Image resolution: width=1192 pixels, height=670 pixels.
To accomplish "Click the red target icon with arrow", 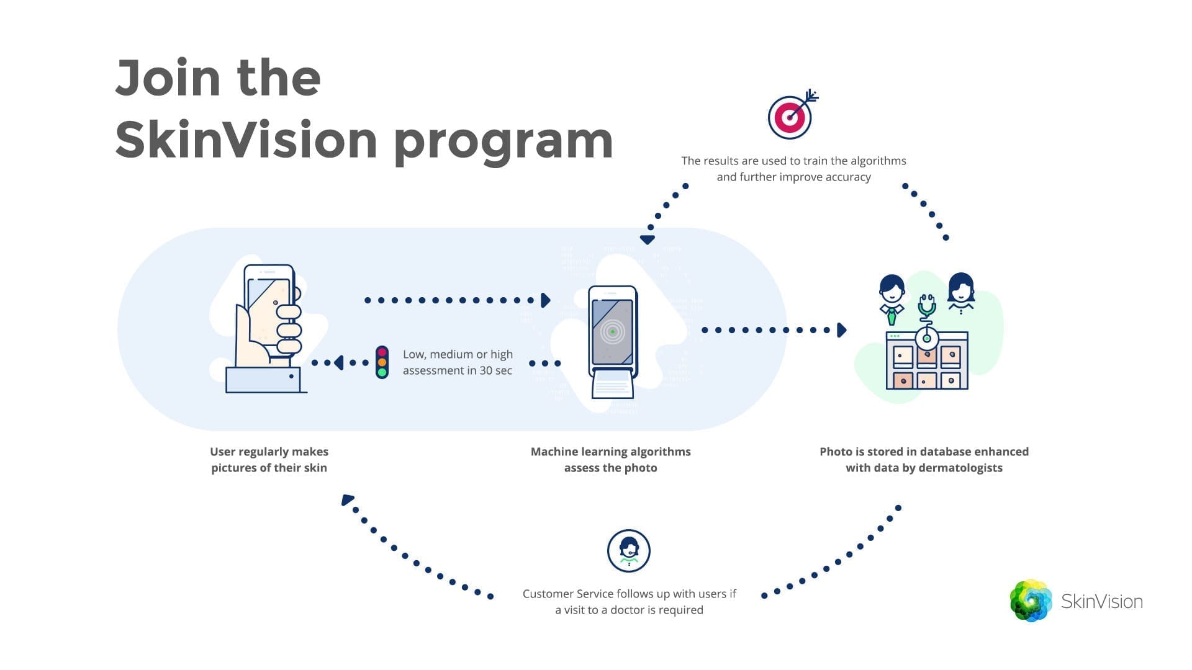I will pos(790,116).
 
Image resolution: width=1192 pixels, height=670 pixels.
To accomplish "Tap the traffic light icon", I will pos(382,362).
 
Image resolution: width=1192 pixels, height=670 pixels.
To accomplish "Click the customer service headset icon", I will pos(628,550).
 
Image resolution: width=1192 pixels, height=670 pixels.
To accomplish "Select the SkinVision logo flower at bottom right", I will pos(1031,601).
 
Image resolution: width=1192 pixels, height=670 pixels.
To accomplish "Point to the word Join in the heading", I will pos(168,78).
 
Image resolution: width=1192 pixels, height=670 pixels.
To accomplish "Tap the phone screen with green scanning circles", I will pos(612,333).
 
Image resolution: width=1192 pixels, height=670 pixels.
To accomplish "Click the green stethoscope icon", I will pos(927,306).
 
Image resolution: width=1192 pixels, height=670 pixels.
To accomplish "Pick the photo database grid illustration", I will pos(926,364).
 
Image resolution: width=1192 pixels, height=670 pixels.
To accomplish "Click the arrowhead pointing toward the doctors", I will pos(842,330).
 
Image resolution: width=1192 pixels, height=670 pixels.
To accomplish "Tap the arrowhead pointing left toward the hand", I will pos(338,363).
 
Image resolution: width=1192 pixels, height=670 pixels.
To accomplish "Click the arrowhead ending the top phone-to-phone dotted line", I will pos(545,300).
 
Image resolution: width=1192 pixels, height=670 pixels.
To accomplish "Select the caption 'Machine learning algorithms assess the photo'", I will pos(610,460).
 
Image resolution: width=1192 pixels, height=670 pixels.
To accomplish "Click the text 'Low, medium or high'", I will pos(458,354).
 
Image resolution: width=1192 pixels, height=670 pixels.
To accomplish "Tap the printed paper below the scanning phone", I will pos(612,385).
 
